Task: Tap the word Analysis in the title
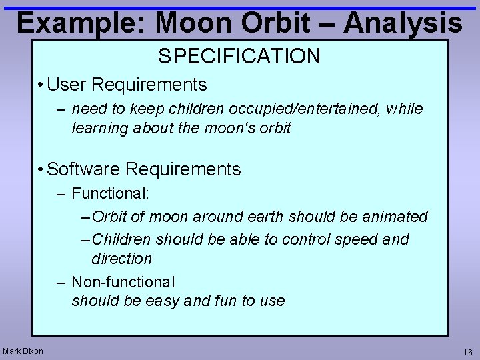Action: (x=403, y=23)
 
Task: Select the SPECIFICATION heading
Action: (x=239, y=57)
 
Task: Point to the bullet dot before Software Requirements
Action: (x=41, y=169)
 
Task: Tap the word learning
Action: (x=99, y=128)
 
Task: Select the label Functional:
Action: (x=111, y=193)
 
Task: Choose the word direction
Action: (x=121, y=259)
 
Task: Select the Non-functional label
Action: (x=123, y=282)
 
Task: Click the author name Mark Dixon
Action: (x=23, y=351)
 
